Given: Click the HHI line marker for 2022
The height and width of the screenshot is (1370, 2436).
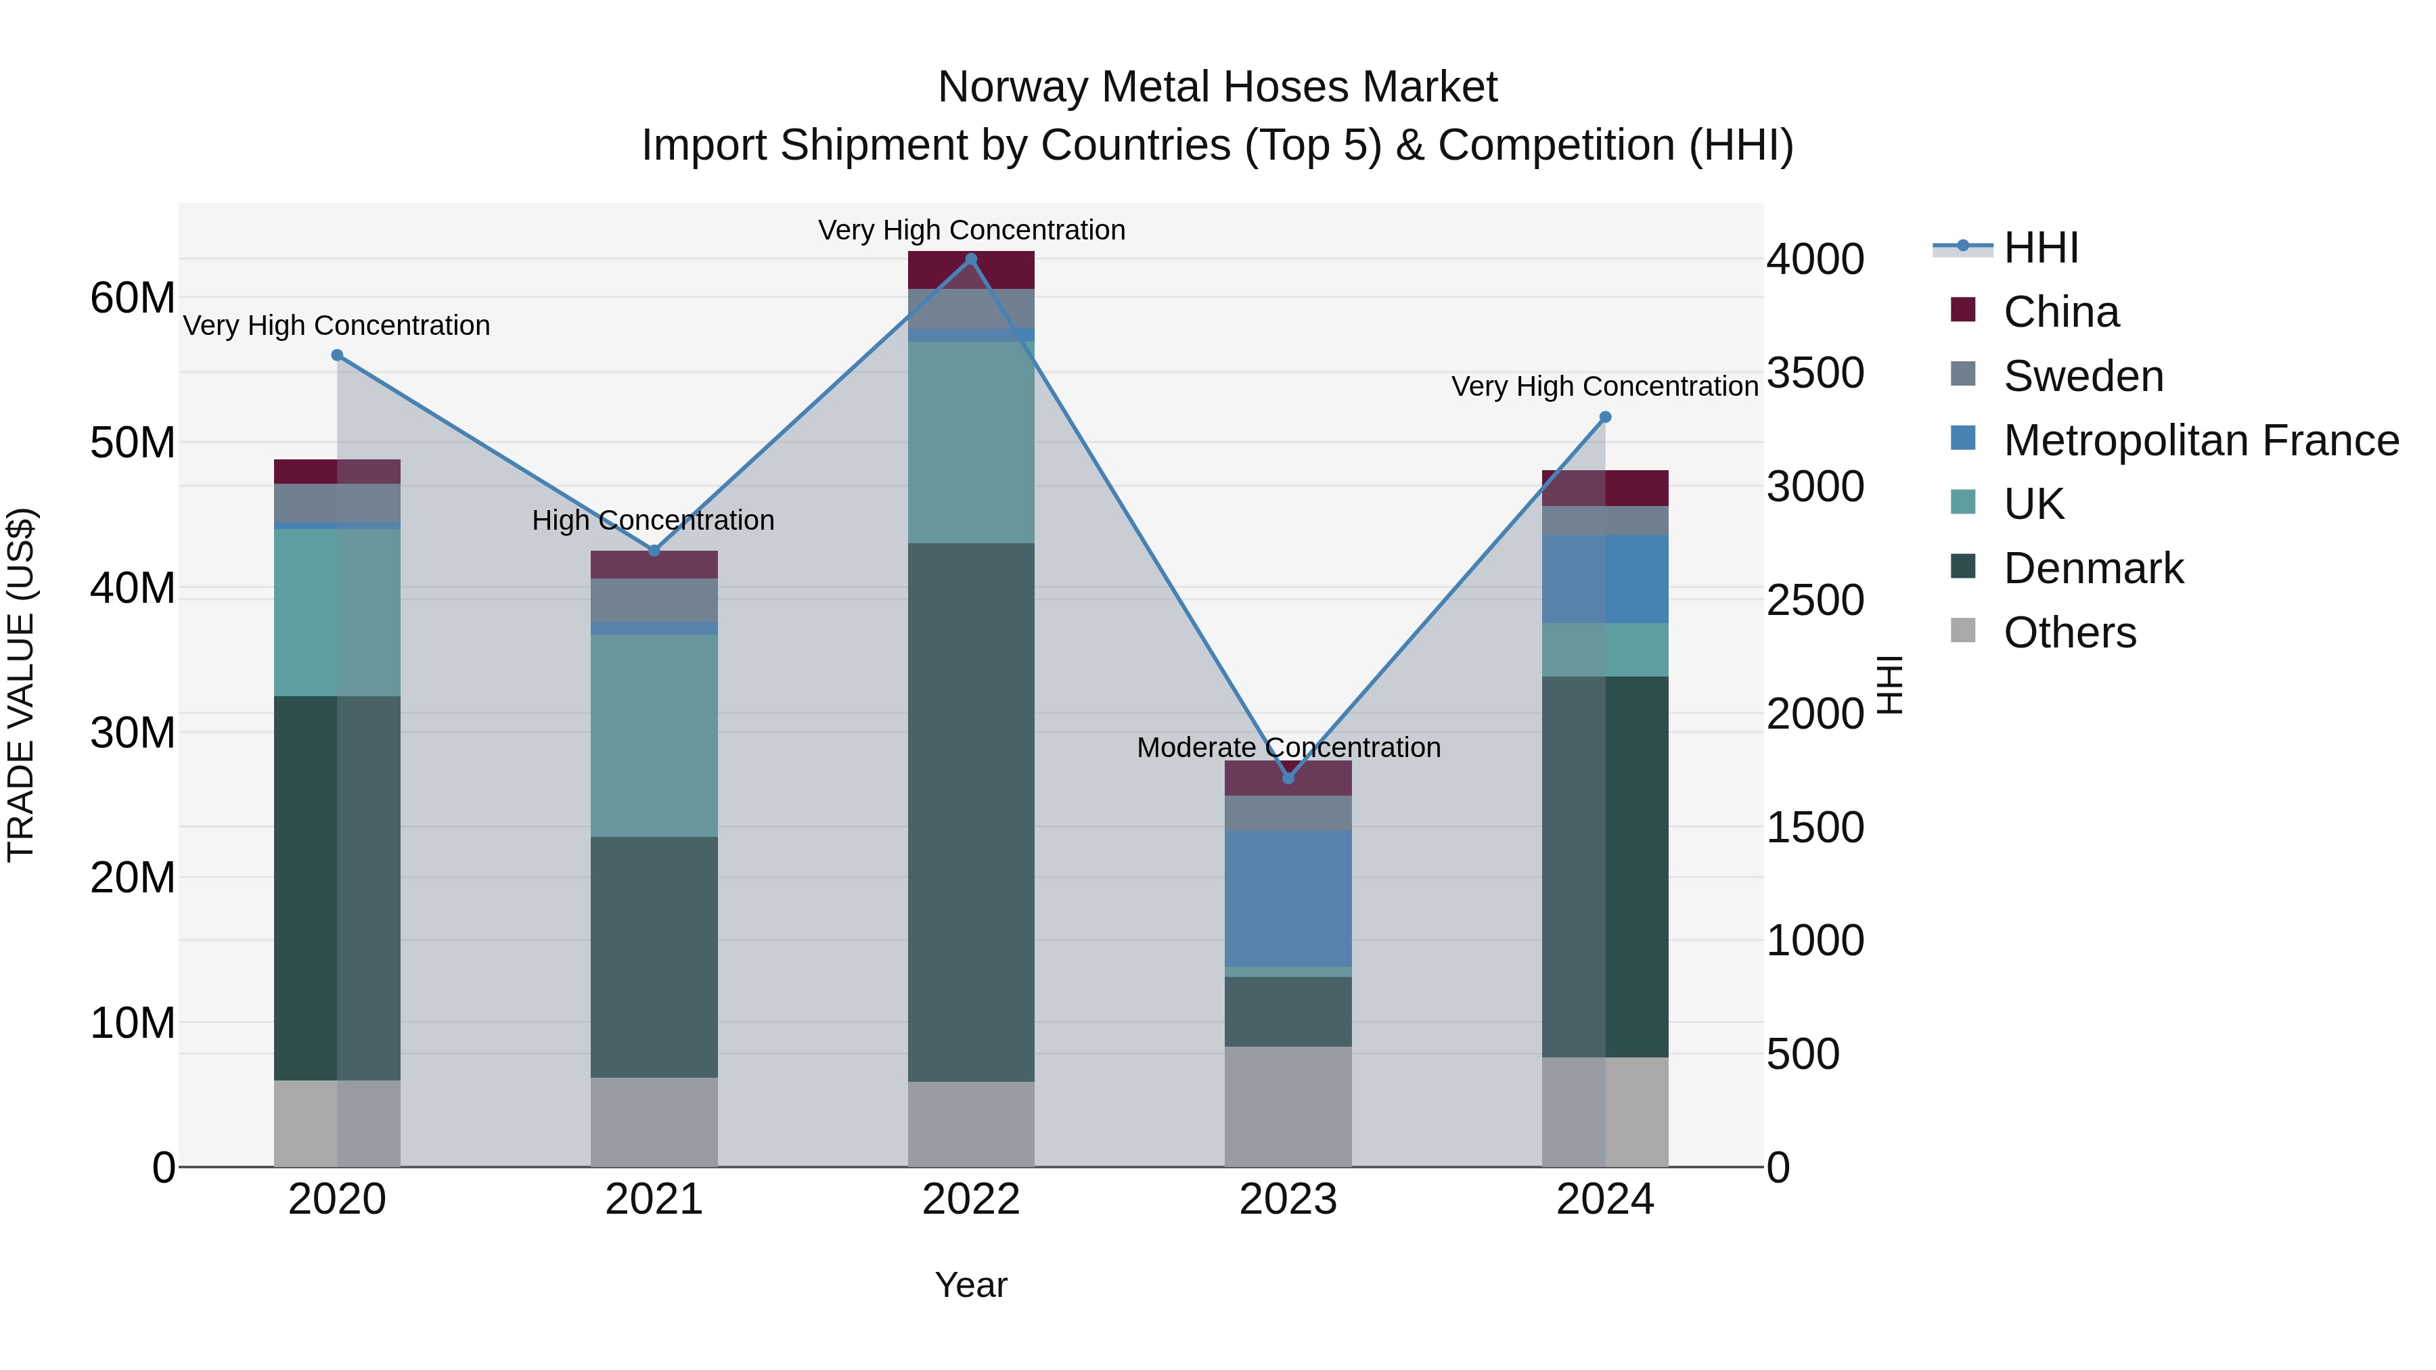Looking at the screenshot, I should (x=970, y=259).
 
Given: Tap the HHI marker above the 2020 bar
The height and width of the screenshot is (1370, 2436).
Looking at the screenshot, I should (x=337, y=355).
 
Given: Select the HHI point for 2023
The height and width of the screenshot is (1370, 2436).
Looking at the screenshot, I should (x=1288, y=778).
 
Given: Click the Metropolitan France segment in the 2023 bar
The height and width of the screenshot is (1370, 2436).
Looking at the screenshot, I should (x=1288, y=898).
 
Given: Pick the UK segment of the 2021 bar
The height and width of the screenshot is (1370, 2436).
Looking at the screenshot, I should (x=654, y=735).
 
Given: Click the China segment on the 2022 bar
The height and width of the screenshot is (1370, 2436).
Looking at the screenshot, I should (x=970, y=271).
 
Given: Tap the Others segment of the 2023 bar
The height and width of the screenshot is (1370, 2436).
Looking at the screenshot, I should (x=1288, y=1106).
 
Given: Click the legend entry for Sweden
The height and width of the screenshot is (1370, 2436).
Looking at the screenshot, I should (x=2083, y=376).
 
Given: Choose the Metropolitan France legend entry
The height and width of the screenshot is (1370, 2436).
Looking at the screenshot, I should (x=2201, y=440).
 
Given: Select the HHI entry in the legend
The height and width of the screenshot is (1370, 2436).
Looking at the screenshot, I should (x=2041, y=248).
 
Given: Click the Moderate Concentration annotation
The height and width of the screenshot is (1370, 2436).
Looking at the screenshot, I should (x=1288, y=748).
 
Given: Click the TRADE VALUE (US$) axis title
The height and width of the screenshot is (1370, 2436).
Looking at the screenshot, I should (x=21, y=685).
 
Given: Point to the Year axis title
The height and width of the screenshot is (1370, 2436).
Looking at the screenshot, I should (x=970, y=1286).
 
